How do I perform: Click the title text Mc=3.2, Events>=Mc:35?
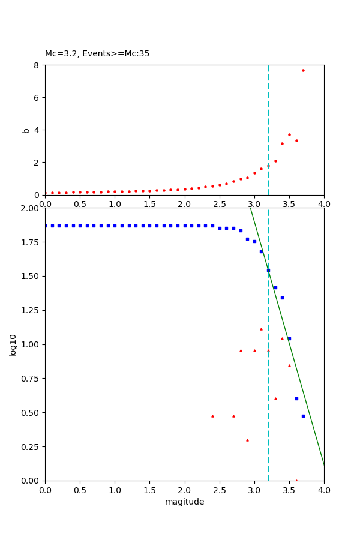pos(97,54)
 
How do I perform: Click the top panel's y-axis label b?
pos(26,130)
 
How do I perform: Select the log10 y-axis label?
pos(13,344)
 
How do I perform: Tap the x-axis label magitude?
pos(184,502)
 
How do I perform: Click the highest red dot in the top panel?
pos(303,70)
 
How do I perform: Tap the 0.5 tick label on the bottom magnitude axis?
pos(80,490)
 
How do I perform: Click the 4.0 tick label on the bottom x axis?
pos(324,490)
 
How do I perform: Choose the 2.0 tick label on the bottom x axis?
pos(184,490)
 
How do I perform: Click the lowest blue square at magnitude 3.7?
pos(303,416)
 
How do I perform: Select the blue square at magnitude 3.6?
pos(296,398)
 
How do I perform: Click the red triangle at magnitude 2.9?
pos(247,440)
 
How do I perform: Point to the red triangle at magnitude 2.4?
pos(212,416)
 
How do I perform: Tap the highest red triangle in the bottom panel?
pos(261,329)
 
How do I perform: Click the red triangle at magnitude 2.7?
pos(233,416)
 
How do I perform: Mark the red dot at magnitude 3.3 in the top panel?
pos(275,161)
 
